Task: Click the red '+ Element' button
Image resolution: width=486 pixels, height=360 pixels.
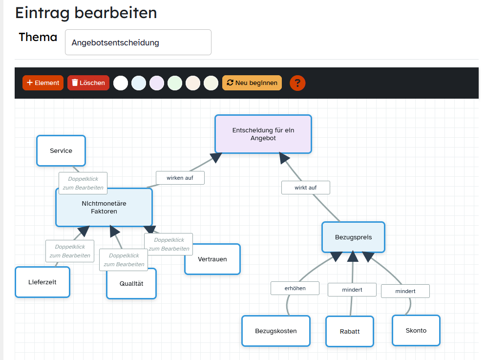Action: point(43,83)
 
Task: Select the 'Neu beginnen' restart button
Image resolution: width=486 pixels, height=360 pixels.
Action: point(252,83)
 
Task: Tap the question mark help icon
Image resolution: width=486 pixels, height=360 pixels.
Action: point(297,83)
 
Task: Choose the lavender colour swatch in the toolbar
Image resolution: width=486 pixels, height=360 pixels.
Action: point(157,83)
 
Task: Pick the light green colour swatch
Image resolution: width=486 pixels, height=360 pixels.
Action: point(175,83)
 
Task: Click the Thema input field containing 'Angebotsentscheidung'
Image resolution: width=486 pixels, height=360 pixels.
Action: point(138,42)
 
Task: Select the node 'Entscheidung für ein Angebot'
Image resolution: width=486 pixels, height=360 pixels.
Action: point(263,134)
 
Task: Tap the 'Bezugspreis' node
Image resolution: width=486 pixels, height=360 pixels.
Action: point(353,237)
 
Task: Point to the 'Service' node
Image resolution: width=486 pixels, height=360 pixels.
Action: point(61,150)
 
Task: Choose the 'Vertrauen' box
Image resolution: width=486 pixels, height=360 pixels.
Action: point(212,259)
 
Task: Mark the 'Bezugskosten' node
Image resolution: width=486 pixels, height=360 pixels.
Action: point(276,331)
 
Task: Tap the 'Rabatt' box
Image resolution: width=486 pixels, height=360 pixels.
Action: point(350,331)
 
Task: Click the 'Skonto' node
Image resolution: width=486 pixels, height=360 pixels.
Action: point(416,330)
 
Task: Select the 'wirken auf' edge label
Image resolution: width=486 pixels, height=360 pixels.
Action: point(180,178)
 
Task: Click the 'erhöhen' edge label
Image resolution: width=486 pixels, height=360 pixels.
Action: point(295,288)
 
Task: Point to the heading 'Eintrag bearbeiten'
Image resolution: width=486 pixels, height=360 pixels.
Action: point(86,12)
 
